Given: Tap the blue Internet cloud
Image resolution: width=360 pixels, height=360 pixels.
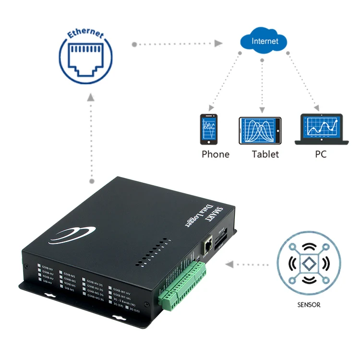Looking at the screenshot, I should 264,41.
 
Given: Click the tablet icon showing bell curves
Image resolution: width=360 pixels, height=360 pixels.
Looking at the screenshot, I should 260,130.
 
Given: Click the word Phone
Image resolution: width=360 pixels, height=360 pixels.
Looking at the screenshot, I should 216,154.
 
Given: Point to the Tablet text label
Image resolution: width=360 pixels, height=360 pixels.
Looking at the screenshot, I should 265,154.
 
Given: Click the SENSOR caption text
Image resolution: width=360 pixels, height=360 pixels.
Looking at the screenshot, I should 308,304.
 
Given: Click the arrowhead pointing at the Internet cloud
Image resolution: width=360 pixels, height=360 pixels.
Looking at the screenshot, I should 218,44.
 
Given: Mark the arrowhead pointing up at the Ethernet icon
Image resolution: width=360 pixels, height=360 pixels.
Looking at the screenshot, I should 90,97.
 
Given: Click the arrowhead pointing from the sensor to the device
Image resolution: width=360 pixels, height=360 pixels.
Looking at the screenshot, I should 230,264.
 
